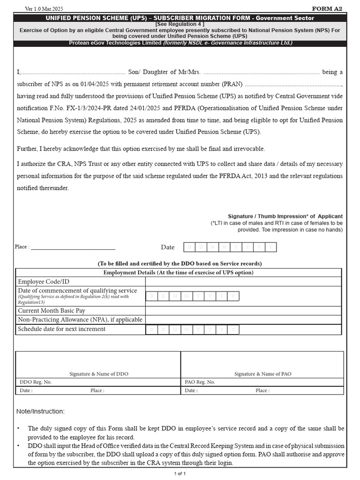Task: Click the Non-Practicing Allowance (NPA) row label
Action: [x=80, y=320]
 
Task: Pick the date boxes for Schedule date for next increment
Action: [x=192, y=330]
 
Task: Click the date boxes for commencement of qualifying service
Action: [x=192, y=296]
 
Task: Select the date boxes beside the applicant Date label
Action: [x=229, y=247]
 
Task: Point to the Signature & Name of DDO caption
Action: [x=99, y=374]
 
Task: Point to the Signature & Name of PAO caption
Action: [x=262, y=374]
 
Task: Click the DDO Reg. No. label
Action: [x=35, y=382]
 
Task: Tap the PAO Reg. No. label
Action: [x=200, y=382]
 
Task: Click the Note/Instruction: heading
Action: [x=40, y=412]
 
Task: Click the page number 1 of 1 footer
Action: [x=180, y=473]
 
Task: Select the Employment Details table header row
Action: [x=178, y=272]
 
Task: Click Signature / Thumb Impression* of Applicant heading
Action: [x=285, y=216]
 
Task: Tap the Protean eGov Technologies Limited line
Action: [x=180, y=43]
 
